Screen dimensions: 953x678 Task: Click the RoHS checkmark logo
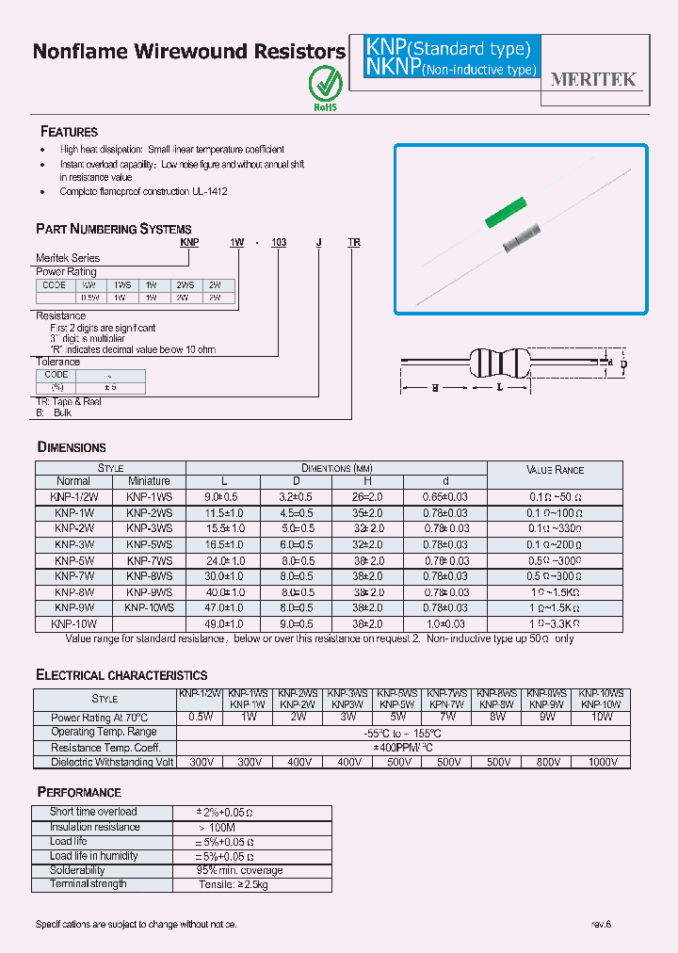point(324,86)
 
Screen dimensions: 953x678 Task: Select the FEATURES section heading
point(69,132)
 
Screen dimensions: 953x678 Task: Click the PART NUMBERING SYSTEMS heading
point(113,229)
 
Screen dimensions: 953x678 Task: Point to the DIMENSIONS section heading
point(72,447)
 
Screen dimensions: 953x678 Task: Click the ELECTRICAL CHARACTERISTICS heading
point(121,675)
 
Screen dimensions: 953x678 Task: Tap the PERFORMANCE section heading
point(79,792)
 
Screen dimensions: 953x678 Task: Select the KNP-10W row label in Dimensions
point(73,623)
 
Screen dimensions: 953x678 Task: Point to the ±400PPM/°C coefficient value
point(402,747)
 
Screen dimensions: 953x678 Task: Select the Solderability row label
point(78,870)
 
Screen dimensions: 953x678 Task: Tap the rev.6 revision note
point(602,925)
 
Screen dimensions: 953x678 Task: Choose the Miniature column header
point(149,480)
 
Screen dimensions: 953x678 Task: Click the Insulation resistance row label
point(95,827)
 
